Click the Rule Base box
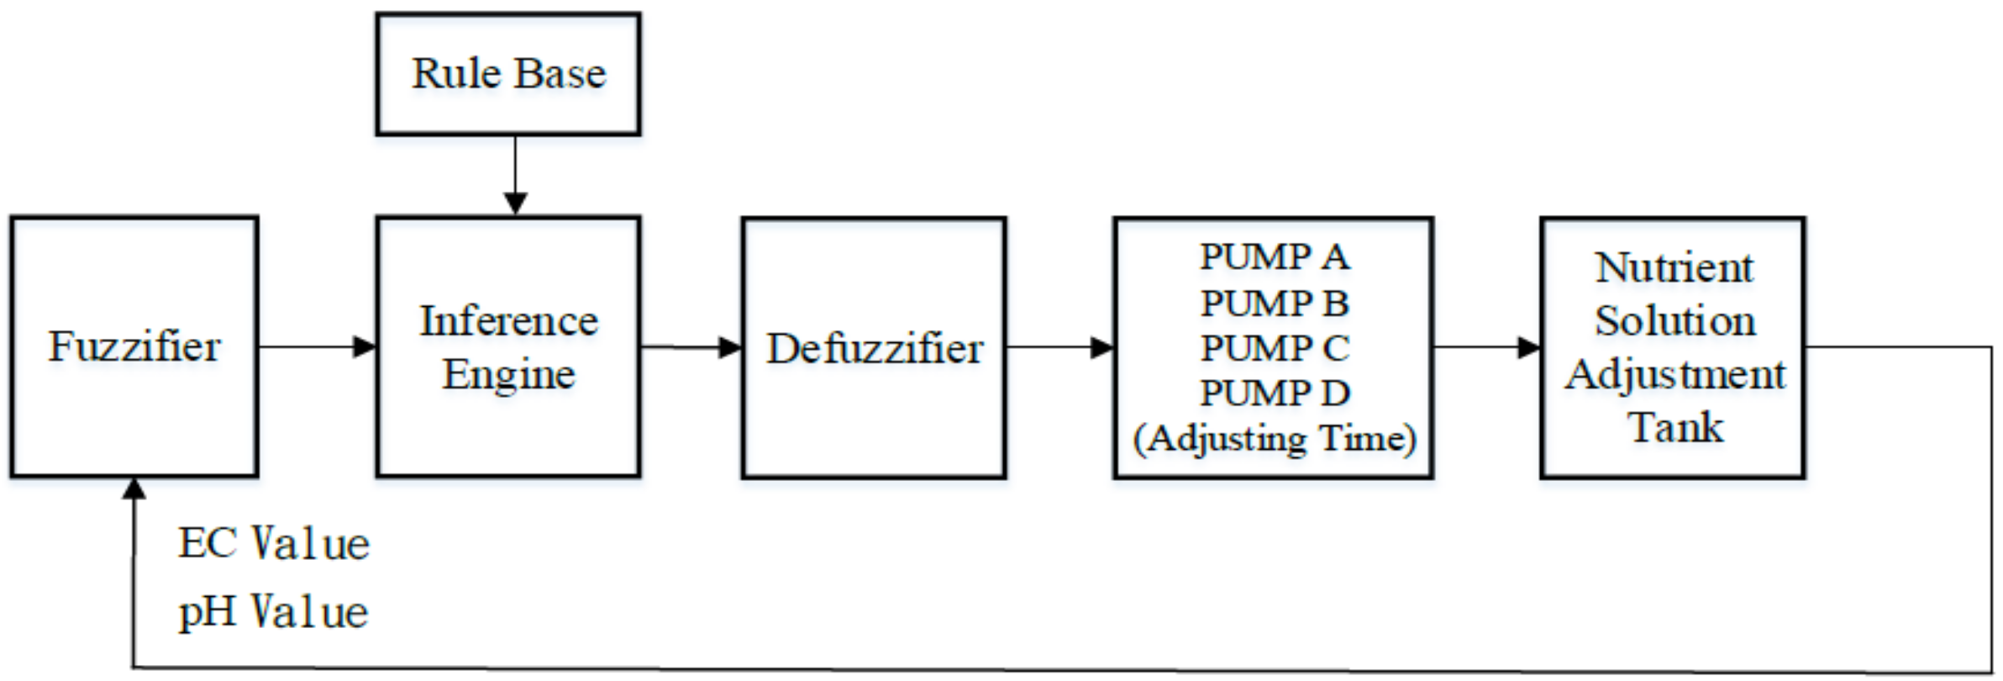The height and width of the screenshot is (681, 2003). tap(507, 74)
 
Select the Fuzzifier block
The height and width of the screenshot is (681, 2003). tap(134, 346)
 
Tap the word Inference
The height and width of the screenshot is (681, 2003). tap(508, 321)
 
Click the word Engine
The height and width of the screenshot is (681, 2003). tap(508, 374)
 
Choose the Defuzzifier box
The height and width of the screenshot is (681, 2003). tap(874, 348)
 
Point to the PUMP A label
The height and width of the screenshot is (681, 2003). tap(1274, 257)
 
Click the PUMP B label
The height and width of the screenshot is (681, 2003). tap(1274, 303)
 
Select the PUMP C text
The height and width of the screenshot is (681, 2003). tap(1274, 348)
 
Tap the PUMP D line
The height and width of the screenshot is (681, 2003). tap(1274, 393)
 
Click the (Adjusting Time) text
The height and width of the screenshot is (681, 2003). tap(1274, 438)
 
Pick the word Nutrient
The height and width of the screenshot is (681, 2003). tap(1674, 268)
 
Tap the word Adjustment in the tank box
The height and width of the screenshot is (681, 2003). tap(1674, 374)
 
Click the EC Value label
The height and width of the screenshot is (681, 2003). tap(273, 543)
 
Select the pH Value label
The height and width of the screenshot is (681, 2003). tap(273, 611)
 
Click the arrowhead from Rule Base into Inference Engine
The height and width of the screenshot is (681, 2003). tap(515, 203)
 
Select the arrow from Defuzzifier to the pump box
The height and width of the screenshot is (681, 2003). tap(1060, 347)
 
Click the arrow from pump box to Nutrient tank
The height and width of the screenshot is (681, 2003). tap(1487, 347)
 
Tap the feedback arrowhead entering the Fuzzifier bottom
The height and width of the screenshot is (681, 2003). tap(134, 488)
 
